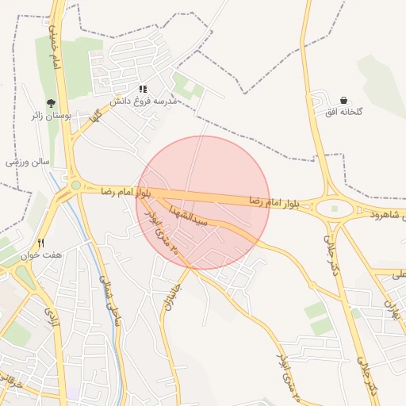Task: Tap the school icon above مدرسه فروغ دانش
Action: (x=143, y=90)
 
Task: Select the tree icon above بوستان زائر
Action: (x=52, y=103)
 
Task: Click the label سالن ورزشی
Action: (x=28, y=162)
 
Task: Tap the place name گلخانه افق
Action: (x=343, y=112)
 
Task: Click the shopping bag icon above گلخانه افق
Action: (x=343, y=100)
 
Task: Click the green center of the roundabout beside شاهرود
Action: (x=334, y=209)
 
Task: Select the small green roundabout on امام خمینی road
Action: (x=75, y=186)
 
